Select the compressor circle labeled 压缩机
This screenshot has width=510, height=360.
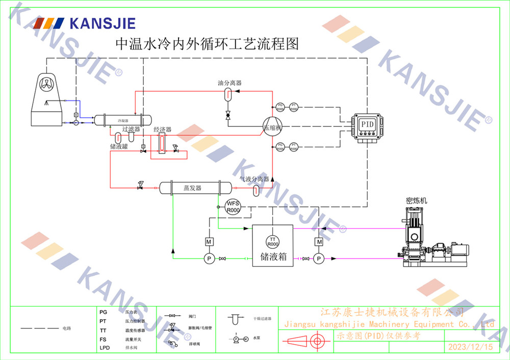[272, 127]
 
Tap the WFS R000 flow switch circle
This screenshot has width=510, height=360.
[233, 207]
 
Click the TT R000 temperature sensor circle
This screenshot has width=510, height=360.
[273, 242]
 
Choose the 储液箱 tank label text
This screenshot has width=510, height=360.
[273, 257]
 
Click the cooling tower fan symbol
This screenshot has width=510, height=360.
[46, 85]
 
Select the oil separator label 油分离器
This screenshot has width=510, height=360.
[229, 83]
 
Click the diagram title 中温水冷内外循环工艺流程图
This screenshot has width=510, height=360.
[207, 44]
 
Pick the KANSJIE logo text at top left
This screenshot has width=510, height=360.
[102, 23]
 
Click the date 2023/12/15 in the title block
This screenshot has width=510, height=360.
[470, 347]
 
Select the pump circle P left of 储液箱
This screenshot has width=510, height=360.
[209, 259]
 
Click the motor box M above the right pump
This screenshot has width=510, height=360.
[319, 241]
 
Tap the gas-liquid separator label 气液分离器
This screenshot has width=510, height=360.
[254, 179]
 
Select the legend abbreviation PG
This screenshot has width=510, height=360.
[103, 311]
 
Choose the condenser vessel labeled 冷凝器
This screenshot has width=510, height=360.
[123, 120]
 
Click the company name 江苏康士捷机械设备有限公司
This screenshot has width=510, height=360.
[392, 312]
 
